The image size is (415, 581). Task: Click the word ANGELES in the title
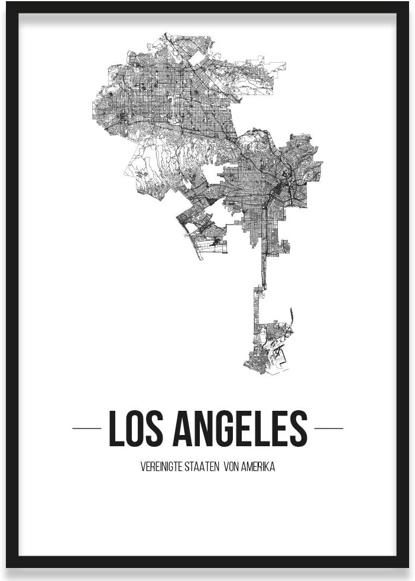(240, 429)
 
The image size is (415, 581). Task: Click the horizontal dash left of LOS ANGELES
(86, 429)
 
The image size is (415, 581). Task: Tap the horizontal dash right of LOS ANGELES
(329, 429)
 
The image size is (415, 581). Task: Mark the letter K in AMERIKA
(266, 466)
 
